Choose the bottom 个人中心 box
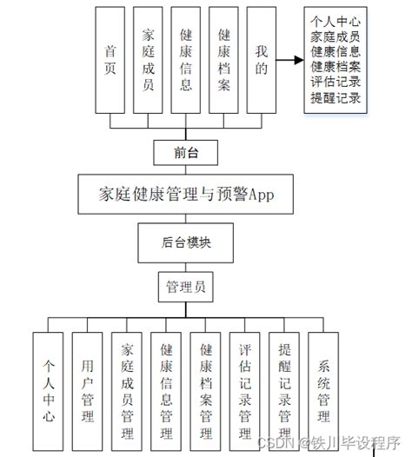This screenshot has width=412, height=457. [48, 391]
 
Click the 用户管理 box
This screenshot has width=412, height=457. [87, 391]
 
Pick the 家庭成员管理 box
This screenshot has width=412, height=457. [127, 391]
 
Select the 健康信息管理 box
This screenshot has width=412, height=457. [166, 391]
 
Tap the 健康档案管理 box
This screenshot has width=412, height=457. [206, 391]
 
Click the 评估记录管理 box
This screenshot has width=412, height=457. [245, 391]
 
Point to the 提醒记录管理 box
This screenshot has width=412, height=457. [284, 391]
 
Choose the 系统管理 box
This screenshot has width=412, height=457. [323, 391]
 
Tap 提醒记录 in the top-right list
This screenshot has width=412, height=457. [336, 98]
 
